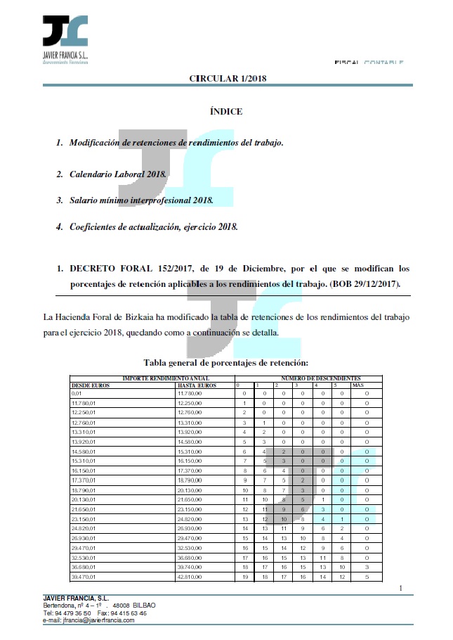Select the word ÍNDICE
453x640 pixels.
click(226, 111)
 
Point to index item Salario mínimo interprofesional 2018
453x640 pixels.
click(140, 200)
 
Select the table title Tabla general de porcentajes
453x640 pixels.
click(226, 363)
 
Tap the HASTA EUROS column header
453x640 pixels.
click(195, 385)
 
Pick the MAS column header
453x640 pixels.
click(357, 385)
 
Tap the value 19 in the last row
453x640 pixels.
click(244, 577)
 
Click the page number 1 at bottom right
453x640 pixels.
click(400, 588)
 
